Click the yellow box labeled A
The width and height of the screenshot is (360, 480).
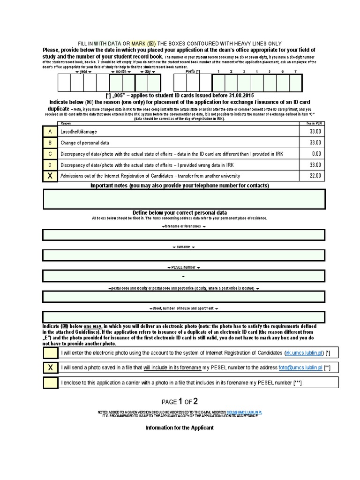tap(50, 132)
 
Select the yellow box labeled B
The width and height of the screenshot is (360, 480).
tap(50, 142)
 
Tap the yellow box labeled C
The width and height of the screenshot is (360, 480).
tap(50, 154)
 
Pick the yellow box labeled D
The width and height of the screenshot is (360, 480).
tap(50, 165)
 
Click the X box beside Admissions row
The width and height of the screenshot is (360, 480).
tap(50, 176)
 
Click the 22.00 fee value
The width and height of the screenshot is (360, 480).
tap(315, 176)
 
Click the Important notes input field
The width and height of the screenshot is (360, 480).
tap(184, 199)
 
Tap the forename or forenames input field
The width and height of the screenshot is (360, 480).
tap(184, 235)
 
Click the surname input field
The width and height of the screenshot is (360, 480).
tap(184, 255)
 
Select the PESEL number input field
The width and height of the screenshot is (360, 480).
tap(184, 276)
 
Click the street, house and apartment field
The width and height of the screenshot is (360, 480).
tap(184, 317)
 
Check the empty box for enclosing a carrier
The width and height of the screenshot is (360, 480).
tap(50, 383)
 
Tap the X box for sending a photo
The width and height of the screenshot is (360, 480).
tap(50, 368)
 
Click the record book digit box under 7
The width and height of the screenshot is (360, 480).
tap(295, 83)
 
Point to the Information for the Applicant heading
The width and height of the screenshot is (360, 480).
tap(180, 428)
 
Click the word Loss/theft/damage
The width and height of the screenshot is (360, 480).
tap(79, 132)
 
